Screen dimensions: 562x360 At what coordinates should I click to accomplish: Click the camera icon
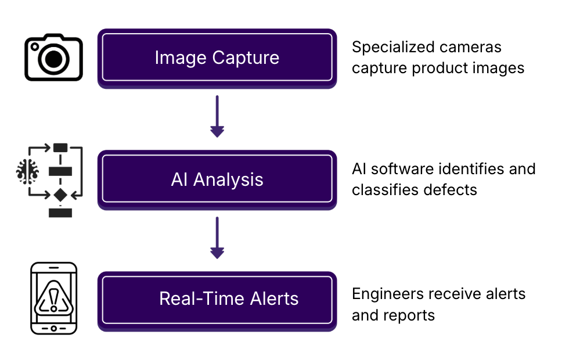(x=54, y=57)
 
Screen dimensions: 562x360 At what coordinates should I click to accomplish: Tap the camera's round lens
(x=54, y=59)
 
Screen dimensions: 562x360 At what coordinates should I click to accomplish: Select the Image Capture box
(x=217, y=59)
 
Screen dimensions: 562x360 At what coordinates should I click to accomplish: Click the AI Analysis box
(x=217, y=179)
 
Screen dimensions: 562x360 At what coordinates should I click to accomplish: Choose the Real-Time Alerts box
(x=217, y=301)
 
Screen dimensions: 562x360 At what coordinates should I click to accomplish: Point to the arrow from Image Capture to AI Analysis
(x=217, y=116)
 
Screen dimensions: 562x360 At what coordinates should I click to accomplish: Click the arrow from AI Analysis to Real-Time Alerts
(x=217, y=237)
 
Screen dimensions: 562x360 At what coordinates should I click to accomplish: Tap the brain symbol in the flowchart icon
(x=28, y=171)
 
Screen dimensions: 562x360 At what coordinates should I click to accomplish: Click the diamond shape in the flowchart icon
(x=60, y=195)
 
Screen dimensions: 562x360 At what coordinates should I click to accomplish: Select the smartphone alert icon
(x=54, y=298)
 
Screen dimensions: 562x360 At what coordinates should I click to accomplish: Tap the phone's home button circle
(x=54, y=329)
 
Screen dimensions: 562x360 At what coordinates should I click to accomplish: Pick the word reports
(x=412, y=316)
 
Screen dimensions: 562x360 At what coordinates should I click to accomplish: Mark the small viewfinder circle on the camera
(x=35, y=46)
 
